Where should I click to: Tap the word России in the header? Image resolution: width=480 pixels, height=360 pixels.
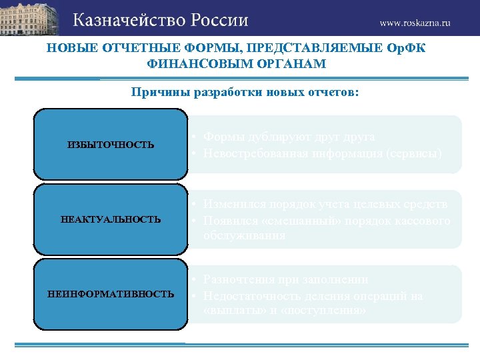tap(219, 20)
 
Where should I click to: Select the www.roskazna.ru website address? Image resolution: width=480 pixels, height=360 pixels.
tap(415, 22)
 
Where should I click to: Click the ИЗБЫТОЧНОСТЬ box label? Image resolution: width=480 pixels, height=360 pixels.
tap(111, 145)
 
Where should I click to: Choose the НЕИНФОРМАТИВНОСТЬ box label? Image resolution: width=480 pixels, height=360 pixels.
tap(111, 294)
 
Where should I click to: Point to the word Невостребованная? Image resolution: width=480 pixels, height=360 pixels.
tap(256, 153)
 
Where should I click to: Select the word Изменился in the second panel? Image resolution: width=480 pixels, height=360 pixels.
tap(233, 204)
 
